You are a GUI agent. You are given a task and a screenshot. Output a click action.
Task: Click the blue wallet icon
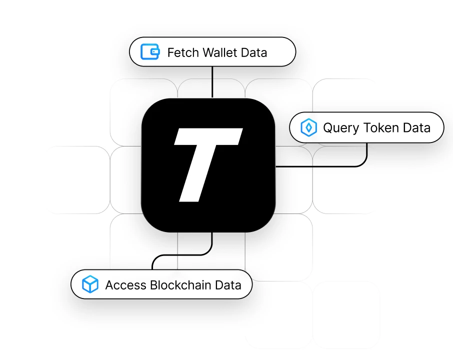(x=150, y=51)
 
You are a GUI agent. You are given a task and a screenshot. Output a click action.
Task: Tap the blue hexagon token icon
(x=308, y=127)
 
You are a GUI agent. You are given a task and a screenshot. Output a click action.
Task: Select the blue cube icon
(x=90, y=284)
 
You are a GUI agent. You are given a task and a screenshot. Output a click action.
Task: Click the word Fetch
(x=183, y=52)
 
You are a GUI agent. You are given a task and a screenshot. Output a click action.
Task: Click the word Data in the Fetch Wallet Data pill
(x=254, y=52)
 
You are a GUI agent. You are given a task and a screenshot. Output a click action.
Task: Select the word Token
(x=381, y=127)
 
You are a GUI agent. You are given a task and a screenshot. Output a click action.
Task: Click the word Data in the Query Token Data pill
(x=416, y=127)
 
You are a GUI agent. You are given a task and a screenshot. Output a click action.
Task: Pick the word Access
(x=125, y=285)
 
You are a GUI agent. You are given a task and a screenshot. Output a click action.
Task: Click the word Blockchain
(x=180, y=285)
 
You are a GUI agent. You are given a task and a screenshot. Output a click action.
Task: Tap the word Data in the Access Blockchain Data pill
(x=228, y=285)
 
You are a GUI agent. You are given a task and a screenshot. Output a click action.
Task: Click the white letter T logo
(x=208, y=165)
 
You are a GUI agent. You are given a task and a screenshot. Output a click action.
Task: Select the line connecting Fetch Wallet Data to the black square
(x=212, y=82)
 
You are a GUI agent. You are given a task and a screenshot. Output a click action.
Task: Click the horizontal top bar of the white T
(x=208, y=136)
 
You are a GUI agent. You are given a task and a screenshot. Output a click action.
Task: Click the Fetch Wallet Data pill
(x=212, y=51)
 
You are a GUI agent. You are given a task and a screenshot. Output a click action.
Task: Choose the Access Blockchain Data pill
(x=161, y=284)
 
